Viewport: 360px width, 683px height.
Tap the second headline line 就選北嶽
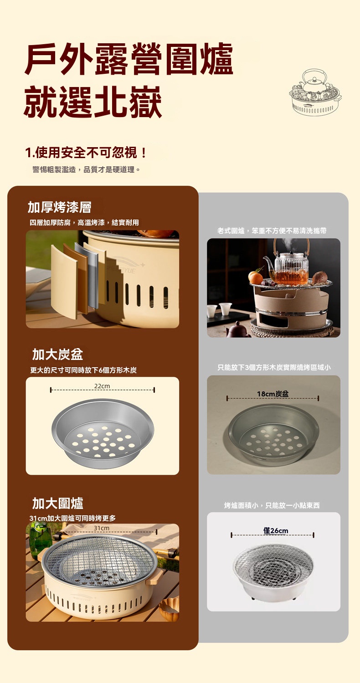[93, 102]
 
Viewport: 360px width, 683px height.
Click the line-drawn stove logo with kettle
[315, 92]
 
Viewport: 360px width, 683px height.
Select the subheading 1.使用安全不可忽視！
[86, 153]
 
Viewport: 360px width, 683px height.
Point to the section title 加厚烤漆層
[59, 207]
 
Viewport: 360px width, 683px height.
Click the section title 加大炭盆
[57, 354]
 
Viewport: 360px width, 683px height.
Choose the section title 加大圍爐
[57, 503]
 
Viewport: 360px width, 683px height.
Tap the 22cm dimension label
[102, 386]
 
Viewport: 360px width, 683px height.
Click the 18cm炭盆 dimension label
[273, 394]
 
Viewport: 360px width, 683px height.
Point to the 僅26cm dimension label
[276, 530]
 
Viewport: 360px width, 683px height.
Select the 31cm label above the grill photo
[102, 528]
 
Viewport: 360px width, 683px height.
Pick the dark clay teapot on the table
[238, 329]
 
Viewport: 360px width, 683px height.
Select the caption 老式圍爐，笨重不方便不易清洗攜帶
[272, 231]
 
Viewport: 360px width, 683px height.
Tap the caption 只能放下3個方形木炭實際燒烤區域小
[274, 367]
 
